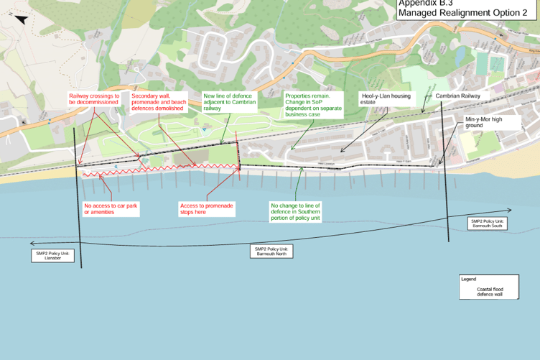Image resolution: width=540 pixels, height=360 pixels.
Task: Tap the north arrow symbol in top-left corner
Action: click(21, 19)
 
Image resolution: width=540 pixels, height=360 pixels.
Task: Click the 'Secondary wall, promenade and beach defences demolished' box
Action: click(159, 102)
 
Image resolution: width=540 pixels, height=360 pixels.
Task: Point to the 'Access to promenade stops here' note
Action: click(206, 208)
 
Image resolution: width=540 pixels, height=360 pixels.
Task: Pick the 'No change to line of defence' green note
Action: click(295, 212)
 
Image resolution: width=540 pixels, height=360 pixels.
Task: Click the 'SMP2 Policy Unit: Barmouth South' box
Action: click(488, 223)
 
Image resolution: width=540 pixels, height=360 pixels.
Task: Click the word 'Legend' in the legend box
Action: click(469, 278)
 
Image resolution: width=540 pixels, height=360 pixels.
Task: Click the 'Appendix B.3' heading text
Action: click(425, 3)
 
